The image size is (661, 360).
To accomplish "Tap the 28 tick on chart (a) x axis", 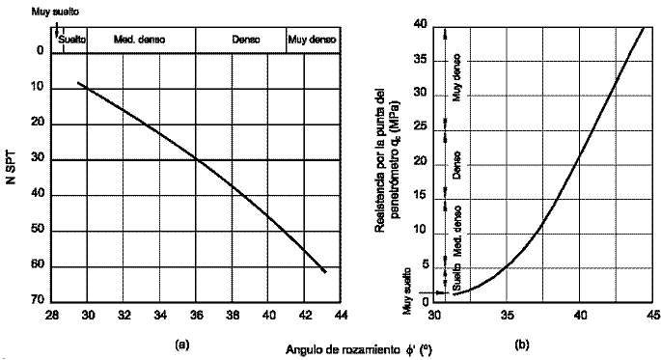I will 52,315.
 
